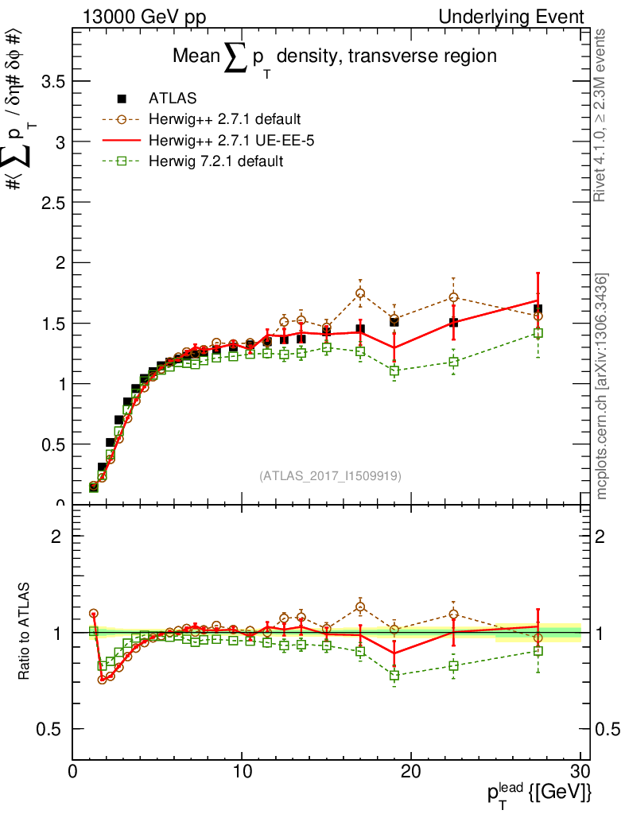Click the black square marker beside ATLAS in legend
tap(122, 99)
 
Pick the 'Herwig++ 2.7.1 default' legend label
tap(224, 120)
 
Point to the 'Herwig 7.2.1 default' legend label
tap(216, 161)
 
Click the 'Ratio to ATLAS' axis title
tap(25, 632)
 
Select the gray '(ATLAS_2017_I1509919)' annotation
tap(330, 476)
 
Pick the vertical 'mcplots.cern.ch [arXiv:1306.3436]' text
tap(602, 386)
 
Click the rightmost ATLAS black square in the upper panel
tap(538, 308)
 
